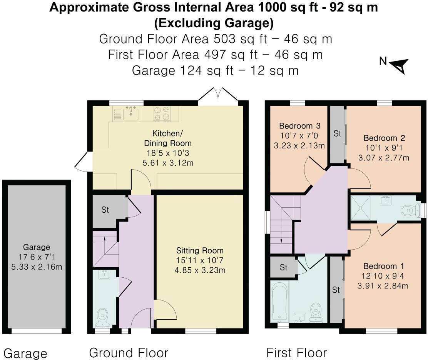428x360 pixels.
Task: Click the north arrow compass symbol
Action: [399, 66]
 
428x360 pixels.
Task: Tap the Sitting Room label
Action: [200, 250]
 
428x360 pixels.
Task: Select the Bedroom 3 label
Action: [299, 126]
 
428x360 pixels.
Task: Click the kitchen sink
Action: [131, 113]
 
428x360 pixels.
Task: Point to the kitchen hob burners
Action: [161, 113]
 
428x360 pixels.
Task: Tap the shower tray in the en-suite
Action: [361, 208]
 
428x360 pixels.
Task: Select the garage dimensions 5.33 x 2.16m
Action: [37, 267]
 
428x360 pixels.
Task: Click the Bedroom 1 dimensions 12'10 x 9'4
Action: [383, 276]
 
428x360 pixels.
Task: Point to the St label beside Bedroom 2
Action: [338, 133]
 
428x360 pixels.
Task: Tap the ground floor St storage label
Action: [105, 210]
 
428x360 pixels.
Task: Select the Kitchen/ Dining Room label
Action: [167, 138]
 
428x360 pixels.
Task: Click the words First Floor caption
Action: [296, 353]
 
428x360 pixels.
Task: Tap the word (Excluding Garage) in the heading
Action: [214, 23]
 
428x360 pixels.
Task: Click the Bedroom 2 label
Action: [384, 138]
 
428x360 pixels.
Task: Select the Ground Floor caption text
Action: [129, 353]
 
